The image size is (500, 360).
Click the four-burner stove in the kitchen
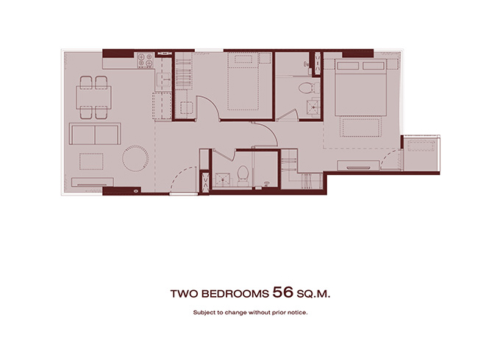point(145,60)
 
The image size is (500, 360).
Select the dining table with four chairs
point(93,98)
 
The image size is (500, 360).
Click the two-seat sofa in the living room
point(95,134)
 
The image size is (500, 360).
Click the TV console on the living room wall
point(93,182)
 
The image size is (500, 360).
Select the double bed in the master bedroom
point(360,87)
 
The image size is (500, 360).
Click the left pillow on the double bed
point(348,66)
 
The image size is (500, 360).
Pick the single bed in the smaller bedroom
point(243,82)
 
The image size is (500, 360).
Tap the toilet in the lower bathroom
point(243,175)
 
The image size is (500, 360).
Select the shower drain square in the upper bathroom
point(313,107)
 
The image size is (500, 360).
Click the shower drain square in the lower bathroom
point(222,180)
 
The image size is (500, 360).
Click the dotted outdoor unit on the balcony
point(421,146)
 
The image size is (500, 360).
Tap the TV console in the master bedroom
point(358,165)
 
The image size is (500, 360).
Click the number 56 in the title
point(283,292)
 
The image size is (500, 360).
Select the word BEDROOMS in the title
point(235,294)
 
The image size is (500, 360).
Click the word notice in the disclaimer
point(297,312)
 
